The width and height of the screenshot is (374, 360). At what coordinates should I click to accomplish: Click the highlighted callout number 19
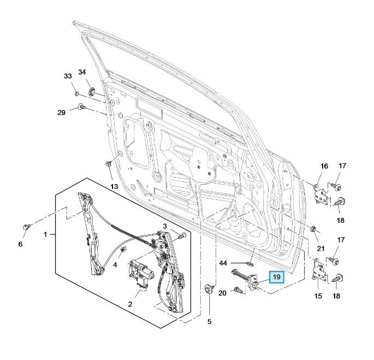tap(277, 278)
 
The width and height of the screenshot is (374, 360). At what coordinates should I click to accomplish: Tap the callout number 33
tap(68, 76)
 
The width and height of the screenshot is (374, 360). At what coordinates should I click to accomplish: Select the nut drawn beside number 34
tap(92, 91)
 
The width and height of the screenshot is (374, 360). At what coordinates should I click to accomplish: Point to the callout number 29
tap(61, 113)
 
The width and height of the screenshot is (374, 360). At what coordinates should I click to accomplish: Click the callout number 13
tap(114, 187)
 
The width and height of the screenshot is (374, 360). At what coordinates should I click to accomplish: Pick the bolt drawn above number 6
tap(26, 226)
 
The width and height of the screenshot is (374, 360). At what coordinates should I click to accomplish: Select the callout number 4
tap(115, 264)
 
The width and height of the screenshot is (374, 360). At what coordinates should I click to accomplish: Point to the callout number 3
tap(164, 226)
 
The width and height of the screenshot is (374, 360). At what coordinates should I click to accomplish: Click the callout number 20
tap(222, 294)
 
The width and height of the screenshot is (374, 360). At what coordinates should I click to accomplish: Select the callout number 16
tap(324, 166)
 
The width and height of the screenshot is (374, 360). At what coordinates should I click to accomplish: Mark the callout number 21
tap(322, 248)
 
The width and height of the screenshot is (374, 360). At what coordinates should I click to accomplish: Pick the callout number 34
tap(82, 72)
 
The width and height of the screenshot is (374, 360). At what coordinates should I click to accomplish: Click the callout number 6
tap(21, 244)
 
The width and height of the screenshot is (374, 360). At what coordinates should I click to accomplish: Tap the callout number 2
tap(130, 303)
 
